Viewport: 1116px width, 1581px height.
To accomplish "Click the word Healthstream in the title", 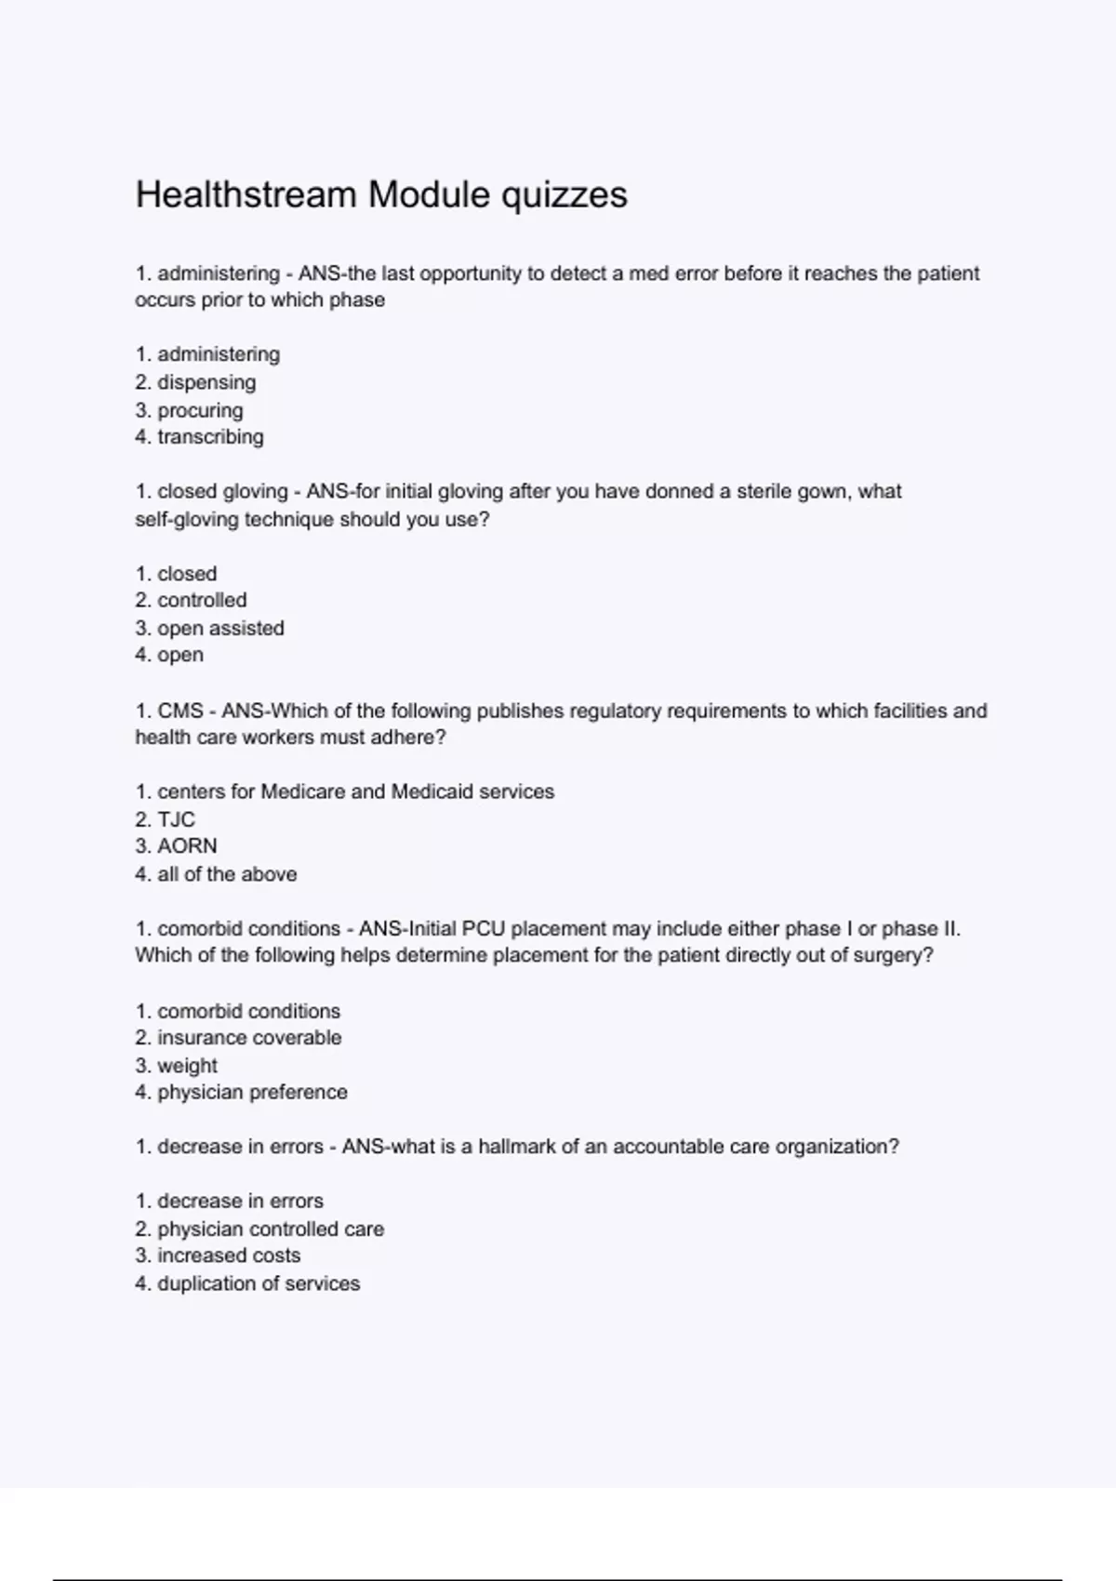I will coord(246,194).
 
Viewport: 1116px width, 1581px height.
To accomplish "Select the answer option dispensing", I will coord(206,382).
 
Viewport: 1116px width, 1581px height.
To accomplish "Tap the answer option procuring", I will coord(200,410).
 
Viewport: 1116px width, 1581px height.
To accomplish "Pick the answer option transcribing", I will coord(210,437).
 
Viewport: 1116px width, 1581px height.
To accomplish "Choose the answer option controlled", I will coord(202,601).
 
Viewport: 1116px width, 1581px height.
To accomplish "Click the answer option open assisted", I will coord(220,629).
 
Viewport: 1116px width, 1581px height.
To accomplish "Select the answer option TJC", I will coord(176,819).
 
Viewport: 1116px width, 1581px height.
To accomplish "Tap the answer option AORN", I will coord(187,846).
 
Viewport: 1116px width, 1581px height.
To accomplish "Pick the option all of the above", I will coord(227,874).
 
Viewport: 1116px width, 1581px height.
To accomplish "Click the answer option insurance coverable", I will coord(249,1038).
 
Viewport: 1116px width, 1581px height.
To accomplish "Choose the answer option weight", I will coord(187,1066).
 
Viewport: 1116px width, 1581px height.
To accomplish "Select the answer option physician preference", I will coord(252,1093).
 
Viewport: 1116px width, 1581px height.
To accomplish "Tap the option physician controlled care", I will coord(271,1229).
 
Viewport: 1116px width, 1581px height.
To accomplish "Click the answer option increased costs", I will coord(229,1255).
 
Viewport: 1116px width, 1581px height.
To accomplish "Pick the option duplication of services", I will coord(259,1283).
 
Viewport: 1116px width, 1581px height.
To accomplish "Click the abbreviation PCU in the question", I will coord(484,929).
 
